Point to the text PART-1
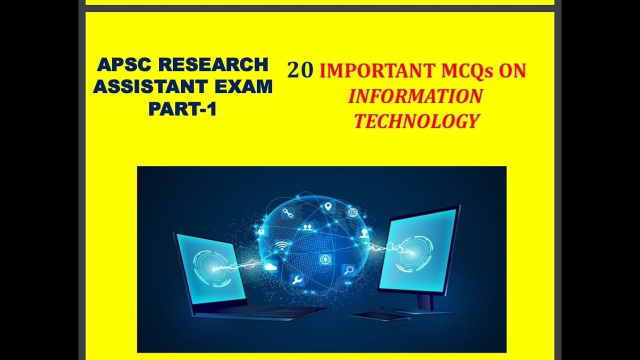182,108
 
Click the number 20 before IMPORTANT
300,71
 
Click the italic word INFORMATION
415,96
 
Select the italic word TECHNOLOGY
416,121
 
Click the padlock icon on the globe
261,231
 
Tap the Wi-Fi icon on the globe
282,245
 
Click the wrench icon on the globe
296,280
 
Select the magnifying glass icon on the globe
348,270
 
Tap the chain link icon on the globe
287,213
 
